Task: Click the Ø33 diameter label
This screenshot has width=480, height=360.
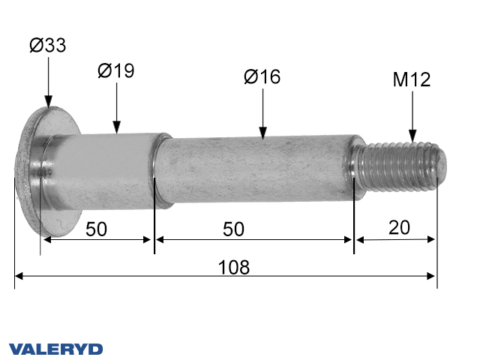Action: pyautogui.click(x=48, y=46)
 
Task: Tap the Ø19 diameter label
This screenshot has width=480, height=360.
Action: pyautogui.click(x=116, y=71)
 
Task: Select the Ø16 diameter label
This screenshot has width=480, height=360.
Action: pyautogui.click(x=262, y=76)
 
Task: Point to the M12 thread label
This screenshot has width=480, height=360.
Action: pyautogui.click(x=412, y=80)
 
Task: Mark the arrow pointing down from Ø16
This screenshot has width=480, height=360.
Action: pyautogui.click(x=262, y=116)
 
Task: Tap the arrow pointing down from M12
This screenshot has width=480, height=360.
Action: pyautogui.click(x=412, y=120)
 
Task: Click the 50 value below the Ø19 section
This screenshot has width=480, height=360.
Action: pyautogui.click(x=96, y=229)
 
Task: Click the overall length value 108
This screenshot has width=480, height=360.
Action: pyautogui.click(x=234, y=267)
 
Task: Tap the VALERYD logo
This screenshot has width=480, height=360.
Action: pyautogui.click(x=56, y=349)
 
